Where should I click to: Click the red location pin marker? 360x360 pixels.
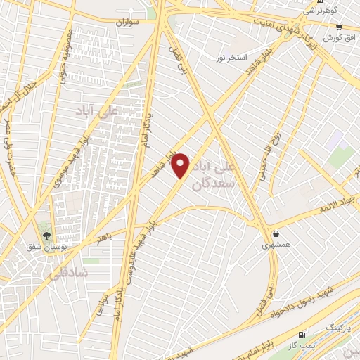pyautogui.click(x=181, y=165)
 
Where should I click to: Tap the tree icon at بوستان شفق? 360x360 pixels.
pyautogui.click(x=46, y=236)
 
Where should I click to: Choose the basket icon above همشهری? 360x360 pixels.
pyautogui.click(x=275, y=233)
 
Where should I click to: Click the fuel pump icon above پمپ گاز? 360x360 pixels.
pyautogui.click(x=302, y=335)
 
